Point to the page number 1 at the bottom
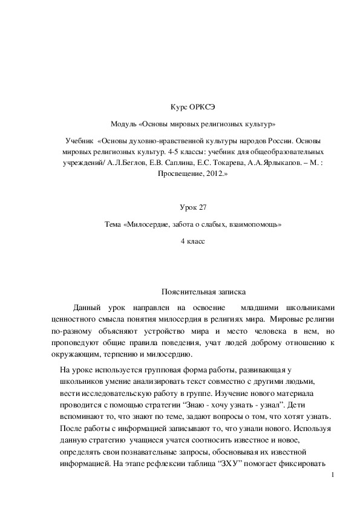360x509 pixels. [x=332, y=478]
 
